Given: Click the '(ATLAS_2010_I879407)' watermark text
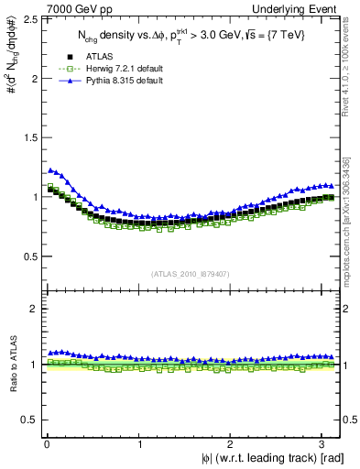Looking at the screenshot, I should point(191,274).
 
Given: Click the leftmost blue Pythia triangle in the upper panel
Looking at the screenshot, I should point(49,169).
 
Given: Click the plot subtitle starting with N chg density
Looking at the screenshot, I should point(191,36).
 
